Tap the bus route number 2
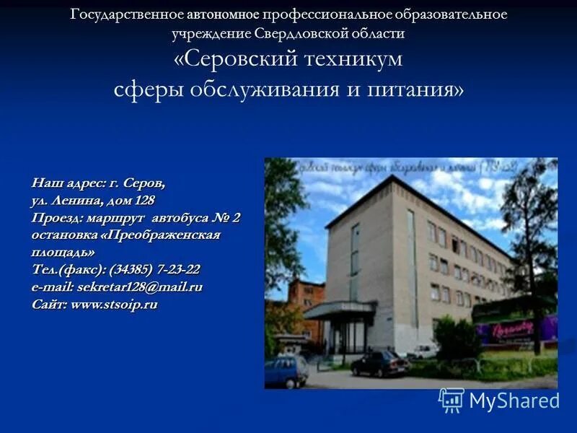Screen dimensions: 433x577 point(236,217)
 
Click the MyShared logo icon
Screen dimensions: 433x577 point(452,400)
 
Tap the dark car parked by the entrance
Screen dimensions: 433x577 point(379,363)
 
